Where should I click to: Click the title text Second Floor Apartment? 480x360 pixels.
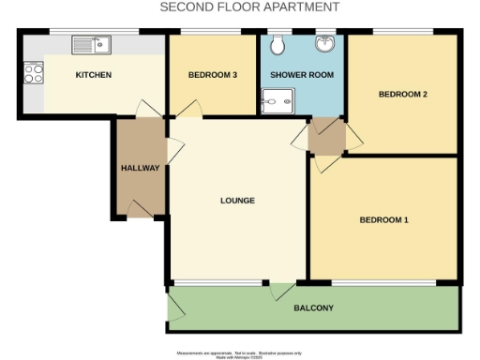coord(249,7)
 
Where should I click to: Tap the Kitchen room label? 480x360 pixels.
coord(95,74)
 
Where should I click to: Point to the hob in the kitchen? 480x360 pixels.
coord(33,73)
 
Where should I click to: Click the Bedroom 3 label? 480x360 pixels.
coord(211,74)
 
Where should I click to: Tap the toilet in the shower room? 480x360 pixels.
coord(278,44)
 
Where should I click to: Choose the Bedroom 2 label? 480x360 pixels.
coord(403,94)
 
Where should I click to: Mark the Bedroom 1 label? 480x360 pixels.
coord(384,220)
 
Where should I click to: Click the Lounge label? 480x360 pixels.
coord(237,201)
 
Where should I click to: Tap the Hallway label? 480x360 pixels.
coord(140,168)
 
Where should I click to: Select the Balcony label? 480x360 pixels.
coord(314,308)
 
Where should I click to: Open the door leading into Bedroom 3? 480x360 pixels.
coord(188,111)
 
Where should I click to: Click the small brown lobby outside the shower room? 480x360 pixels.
coord(326,137)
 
